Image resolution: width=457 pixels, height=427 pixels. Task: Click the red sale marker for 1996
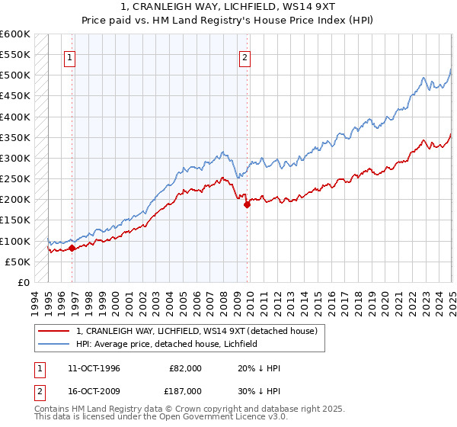point(72,248)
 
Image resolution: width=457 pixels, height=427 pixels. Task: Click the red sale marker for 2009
point(247,204)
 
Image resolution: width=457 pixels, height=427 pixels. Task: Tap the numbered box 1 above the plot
point(70,56)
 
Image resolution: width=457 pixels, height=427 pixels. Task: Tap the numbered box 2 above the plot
point(245,56)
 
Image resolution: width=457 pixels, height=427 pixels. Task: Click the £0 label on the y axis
point(23,283)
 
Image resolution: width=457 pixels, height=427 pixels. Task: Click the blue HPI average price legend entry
point(166,344)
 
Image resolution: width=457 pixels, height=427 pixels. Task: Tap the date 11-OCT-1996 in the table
point(94,368)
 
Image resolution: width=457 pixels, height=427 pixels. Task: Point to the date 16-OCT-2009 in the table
point(94,394)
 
